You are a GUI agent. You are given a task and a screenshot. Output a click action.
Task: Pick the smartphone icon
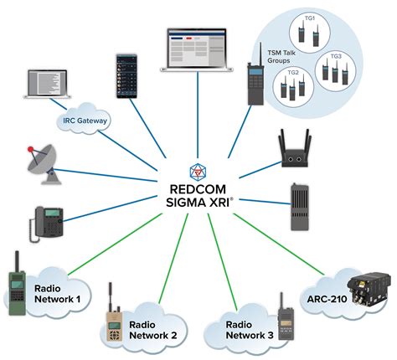126,78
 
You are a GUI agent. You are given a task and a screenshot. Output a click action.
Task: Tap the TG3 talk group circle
335,70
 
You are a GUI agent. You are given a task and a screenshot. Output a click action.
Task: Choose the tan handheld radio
112,316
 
